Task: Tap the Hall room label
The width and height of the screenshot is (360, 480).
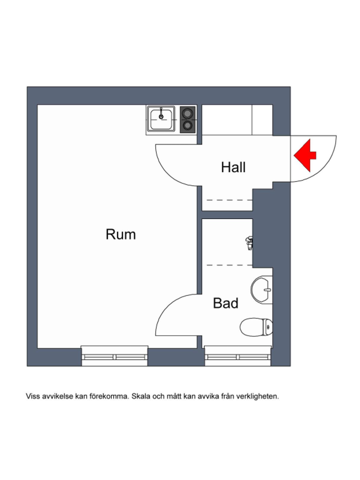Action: pos(233,167)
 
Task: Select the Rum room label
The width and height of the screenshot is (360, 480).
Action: pos(121,234)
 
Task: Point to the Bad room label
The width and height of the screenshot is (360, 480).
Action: pos(226,303)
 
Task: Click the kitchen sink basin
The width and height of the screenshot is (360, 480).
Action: pos(161,120)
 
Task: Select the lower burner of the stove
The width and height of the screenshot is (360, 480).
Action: pos(187,126)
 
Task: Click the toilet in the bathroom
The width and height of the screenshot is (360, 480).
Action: pos(256,327)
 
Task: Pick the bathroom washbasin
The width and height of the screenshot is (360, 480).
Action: pos(262,290)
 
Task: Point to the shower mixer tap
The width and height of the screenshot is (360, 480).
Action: pos(249,243)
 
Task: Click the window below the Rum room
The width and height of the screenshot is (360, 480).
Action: pos(114,356)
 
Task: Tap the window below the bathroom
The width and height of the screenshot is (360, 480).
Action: pos(238,356)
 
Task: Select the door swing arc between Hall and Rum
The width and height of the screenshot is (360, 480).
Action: pos(168,174)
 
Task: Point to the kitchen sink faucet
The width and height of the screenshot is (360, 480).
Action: pos(161,113)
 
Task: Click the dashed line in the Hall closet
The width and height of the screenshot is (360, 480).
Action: pos(230,200)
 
